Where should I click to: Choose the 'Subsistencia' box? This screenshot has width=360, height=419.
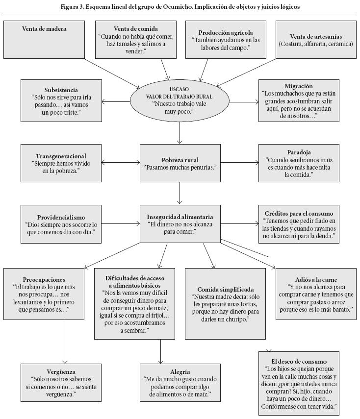[x=61, y=101]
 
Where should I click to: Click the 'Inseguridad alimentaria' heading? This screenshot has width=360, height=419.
[x=180, y=217]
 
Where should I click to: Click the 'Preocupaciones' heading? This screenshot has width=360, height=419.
[x=44, y=279]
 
